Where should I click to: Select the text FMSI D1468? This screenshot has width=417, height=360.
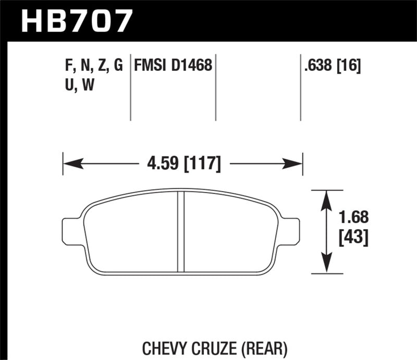click(173, 66)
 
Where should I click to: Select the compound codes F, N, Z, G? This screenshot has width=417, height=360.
click(91, 66)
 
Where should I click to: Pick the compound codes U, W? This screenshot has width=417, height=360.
click(77, 86)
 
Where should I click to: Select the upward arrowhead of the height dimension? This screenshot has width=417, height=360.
click(326, 198)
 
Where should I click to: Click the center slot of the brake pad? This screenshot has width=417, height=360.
click(181, 232)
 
